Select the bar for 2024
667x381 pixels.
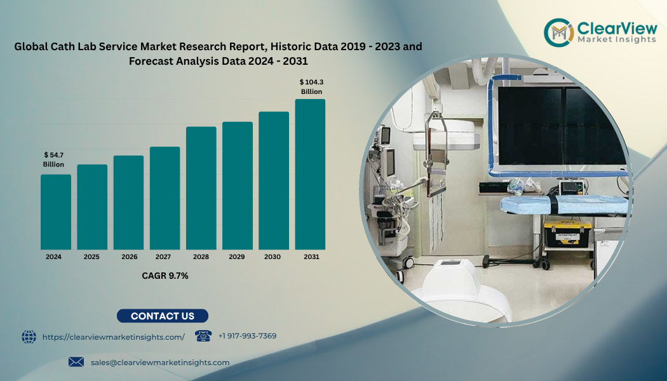pyautogui.click(x=56, y=211)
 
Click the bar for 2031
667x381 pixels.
pyautogui.click(x=310, y=175)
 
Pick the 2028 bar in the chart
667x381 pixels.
pyautogui.click(x=201, y=188)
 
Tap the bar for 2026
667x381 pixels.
pyautogui.click(x=128, y=203)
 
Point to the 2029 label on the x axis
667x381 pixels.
pyautogui.click(x=236, y=257)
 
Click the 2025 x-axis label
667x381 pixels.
pyautogui.click(x=91, y=257)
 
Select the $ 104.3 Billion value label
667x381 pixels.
pyautogui.click(x=311, y=87)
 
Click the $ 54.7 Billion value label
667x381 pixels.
pyautogui.click(x=53, y=160)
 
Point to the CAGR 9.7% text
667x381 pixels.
pyautogui.click(x=165, y=276)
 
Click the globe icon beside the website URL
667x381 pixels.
pyautogui.click(x=29, y=337)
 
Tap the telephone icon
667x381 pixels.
pyautogui.click(x=203, y=336)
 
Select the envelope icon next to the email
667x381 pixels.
pyautogui.click(x=76, y=363)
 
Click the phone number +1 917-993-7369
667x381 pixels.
pyautogui.click(x=247, y=336)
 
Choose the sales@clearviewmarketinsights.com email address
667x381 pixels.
pyautogui.click(x=160, y=363)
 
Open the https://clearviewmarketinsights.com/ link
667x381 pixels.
pyautogui.click(x=114, y=337)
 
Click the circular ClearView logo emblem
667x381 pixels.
pyautogui.click(x=559, y=32)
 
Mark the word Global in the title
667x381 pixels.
pyautogui.click(x=31, y=46)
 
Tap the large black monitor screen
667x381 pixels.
pyautogui.click(x=562, y=126)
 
